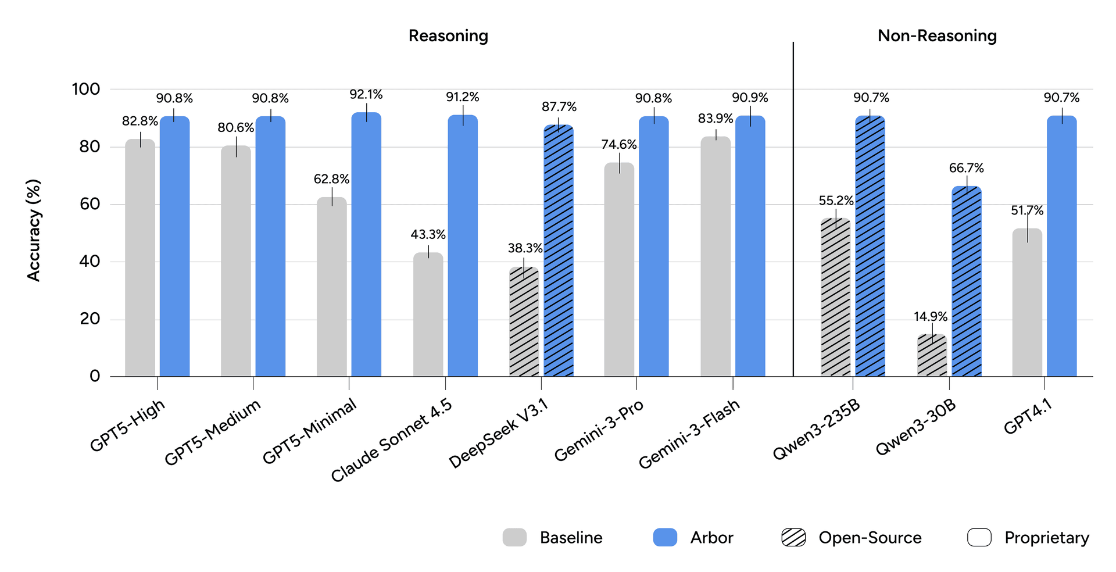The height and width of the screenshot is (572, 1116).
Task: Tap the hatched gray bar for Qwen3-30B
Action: pos(932,355)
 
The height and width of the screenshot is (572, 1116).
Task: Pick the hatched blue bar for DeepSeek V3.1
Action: pos(559,251)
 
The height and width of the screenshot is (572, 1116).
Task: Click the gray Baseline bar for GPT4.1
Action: pos(1027,302)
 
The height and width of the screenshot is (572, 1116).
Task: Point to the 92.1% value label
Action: pos(366,94)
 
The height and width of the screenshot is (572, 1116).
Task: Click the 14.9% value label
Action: pos(931,317)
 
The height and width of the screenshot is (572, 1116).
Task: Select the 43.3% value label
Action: pos(428,235)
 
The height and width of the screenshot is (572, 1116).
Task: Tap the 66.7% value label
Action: pos(967,169)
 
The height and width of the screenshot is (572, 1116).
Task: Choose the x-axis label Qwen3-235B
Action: pos(816,430)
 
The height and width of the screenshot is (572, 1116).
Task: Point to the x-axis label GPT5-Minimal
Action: pos(309,432)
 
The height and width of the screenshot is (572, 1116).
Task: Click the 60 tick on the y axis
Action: pos(86,204)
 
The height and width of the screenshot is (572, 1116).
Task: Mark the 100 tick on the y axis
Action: pos(86,90)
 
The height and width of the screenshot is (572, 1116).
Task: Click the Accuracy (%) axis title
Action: pos(34,230)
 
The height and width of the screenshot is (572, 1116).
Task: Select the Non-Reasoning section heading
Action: pos(937,36)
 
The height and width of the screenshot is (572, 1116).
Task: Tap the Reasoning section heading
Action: pos(448,36)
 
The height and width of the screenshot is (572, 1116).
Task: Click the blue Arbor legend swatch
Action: pos(665,538)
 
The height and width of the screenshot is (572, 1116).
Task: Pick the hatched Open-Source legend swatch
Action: pos(793,538)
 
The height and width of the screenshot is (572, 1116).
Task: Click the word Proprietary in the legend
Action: pos(1047,538)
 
